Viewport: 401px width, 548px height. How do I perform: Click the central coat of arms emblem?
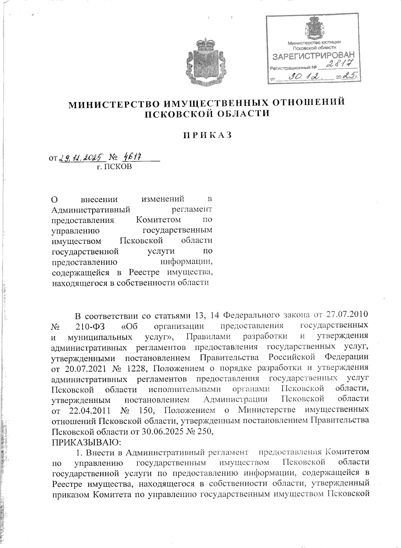202,63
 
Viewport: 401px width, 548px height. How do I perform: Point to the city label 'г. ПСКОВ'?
114,167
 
